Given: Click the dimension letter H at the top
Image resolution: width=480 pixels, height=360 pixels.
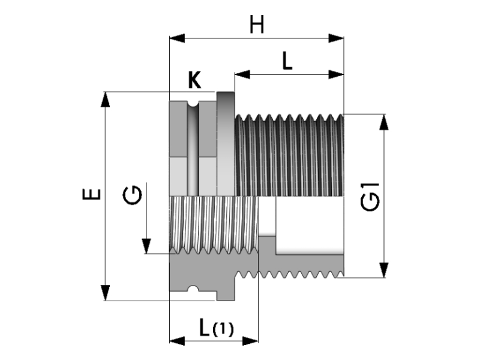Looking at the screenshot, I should [257, 25].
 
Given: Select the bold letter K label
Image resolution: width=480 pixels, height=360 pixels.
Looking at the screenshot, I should [194, 80].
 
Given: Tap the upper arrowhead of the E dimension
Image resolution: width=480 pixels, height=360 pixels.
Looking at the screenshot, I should [106, 98].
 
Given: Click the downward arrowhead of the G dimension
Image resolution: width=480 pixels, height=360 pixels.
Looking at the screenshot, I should [146, 246].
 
